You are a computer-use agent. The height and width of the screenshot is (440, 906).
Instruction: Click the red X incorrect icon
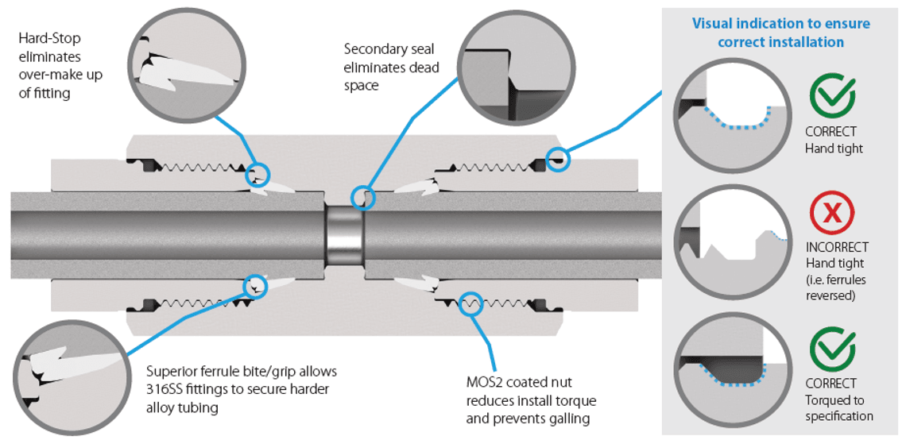point(831,214)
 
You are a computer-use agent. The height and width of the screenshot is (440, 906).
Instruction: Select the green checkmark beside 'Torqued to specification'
point(832,350)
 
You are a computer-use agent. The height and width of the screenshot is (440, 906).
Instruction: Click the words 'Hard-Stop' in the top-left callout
point(48,38)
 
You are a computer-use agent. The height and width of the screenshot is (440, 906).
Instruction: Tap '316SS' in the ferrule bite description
point(165,389)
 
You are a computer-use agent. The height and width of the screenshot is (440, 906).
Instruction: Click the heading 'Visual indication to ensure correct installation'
point(780,33)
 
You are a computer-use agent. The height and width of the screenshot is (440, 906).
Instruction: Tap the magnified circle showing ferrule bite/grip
point(70,374)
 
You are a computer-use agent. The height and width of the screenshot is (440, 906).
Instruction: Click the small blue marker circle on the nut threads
point(470,303)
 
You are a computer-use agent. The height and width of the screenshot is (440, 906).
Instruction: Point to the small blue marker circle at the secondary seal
point(362,196)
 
